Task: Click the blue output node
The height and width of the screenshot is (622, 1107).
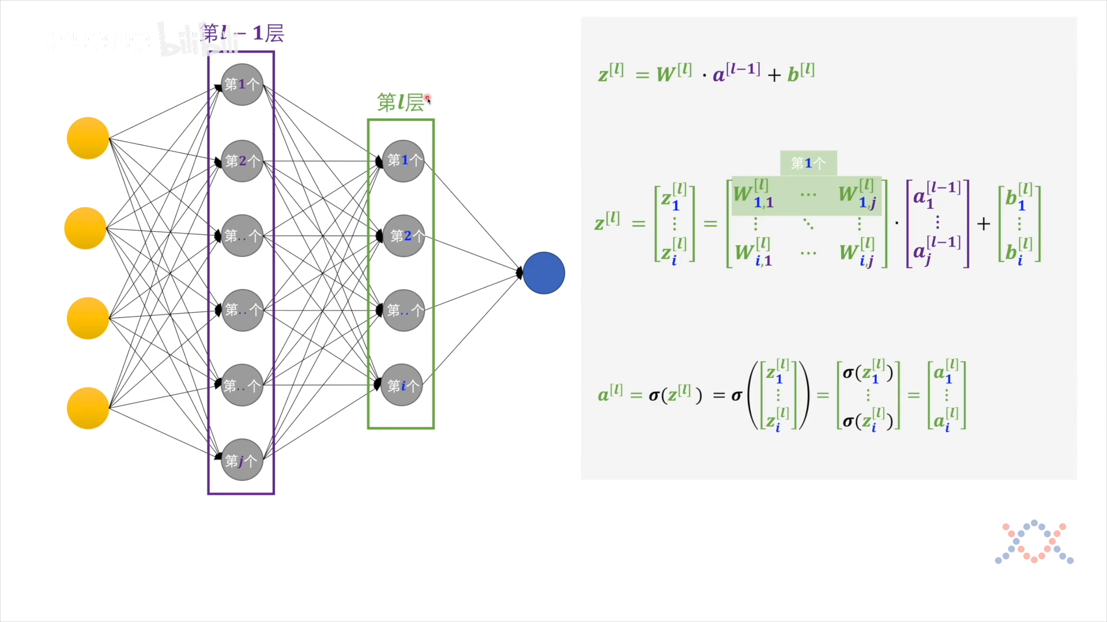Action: tap(544, 273)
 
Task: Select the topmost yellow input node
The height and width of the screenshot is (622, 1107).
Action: tap(88, 138)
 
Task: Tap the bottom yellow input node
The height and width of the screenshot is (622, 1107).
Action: tap(88, 408)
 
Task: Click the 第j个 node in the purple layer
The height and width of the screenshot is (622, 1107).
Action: tap(242, 460)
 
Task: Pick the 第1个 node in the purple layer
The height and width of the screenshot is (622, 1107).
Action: tap(242, 85)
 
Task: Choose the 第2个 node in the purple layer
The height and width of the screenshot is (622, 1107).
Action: tap(242, 161)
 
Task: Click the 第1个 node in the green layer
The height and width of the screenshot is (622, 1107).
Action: tap(404, 161)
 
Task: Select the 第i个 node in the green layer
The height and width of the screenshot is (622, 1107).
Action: tap(402, 385)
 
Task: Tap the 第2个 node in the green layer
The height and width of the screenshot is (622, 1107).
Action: tap(404, 236)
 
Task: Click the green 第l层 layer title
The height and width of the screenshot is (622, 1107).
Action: tap(401, 103)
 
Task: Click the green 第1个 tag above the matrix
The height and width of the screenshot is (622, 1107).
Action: tap(808, 164)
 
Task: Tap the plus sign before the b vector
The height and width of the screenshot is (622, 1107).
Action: tap(984, 223)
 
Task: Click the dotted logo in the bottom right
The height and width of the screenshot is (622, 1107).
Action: tap(1034, 542)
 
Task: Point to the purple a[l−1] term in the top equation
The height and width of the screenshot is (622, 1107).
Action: tap(736, 73)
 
